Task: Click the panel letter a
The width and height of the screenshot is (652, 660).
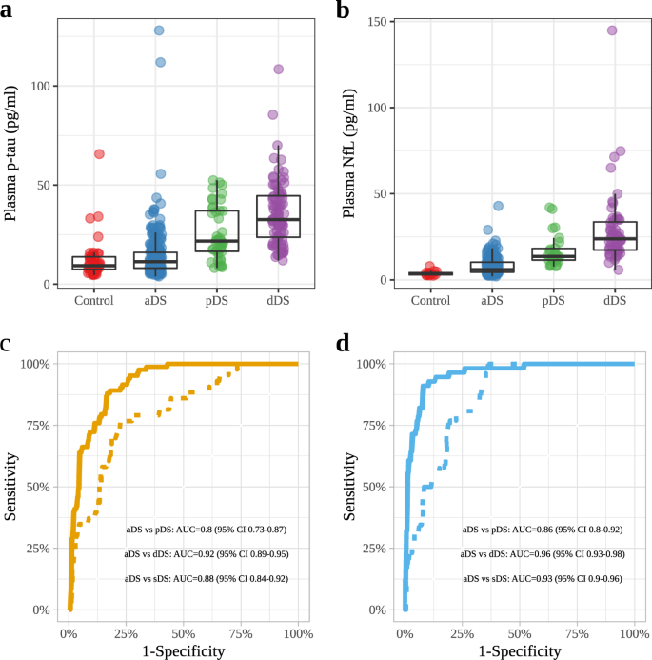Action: click(11, 11)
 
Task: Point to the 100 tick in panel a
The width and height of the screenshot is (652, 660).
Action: click(41, 86)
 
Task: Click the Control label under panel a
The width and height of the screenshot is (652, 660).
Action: click(93, 301)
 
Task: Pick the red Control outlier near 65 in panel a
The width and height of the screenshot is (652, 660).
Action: click(99, 154)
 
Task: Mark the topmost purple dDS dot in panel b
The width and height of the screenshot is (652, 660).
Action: click(612, 30)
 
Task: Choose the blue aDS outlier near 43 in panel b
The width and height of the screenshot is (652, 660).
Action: click(498, 206)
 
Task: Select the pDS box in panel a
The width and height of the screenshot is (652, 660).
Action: click(217, 231)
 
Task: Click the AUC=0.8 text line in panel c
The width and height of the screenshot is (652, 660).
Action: click(207, 529)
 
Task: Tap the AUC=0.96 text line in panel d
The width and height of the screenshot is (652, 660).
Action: click(543, 553)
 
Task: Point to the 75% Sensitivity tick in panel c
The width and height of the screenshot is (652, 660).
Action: click(40, 425)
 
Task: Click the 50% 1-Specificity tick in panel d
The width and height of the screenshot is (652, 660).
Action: click(520, 631)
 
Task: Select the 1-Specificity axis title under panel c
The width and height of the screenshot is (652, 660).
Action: click(182, 650)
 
